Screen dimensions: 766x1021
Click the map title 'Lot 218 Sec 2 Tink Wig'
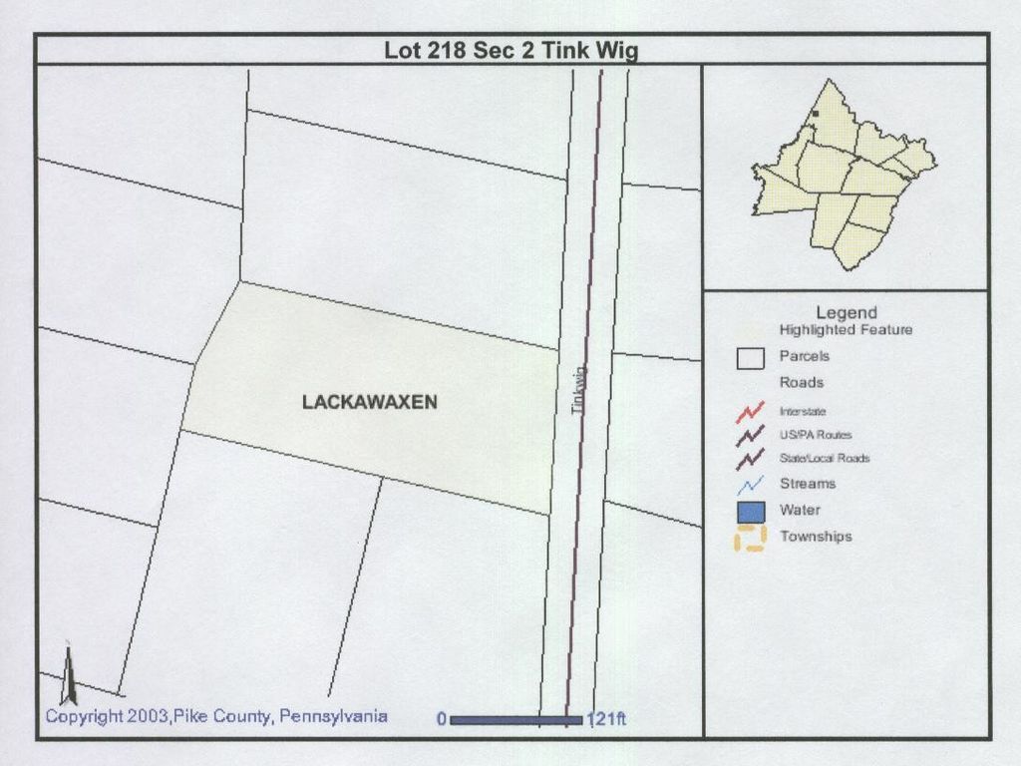click(510, 51)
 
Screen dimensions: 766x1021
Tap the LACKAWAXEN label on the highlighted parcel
click(370, 402)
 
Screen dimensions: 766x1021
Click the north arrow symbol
click(69, 675)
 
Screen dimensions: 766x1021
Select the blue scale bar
click(516, 719)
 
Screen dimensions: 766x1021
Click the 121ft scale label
click(606, 719)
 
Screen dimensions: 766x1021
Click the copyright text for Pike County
click(216, 716)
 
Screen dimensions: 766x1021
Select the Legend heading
click(846, 313)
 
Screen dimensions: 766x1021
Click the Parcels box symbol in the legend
click(750, 358)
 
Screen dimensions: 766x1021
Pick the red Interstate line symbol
click(750, 410)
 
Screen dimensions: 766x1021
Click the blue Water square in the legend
click(750, 511)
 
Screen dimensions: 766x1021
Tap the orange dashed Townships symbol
click(750, 538)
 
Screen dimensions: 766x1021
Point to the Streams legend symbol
click(750, 484)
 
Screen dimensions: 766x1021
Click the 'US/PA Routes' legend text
click(815, 435)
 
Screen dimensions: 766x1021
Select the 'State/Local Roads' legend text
click(824, 458)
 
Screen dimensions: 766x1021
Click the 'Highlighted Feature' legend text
click(846, 330)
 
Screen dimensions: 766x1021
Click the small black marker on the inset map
click(815, 115)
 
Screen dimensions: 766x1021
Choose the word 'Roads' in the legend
click(801, 382)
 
